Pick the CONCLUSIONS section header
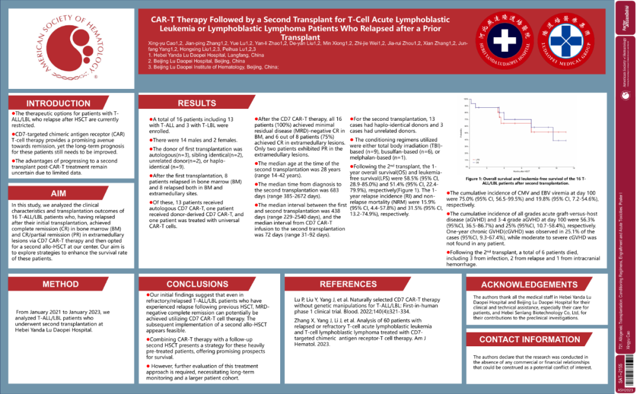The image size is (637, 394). click(197, 284)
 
